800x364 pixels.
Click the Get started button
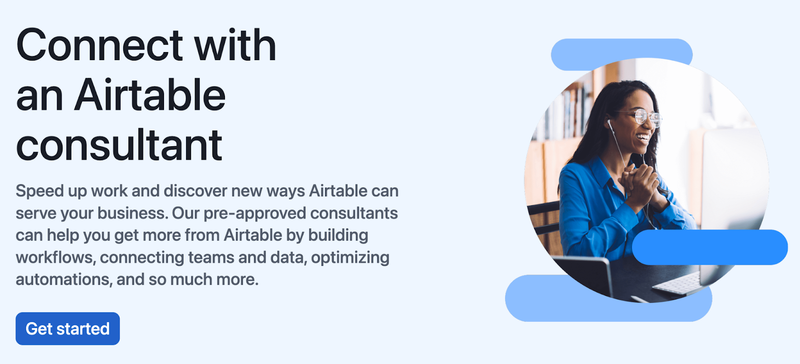click(67, 328)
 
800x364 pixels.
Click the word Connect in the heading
click(99, 46)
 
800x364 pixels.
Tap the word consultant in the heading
click(119, 145)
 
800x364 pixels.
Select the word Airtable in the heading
click(149, 95)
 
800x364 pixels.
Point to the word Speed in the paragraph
click(40, 191)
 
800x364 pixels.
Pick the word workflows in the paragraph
click(55, 258)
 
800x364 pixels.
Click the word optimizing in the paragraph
click(350, 258)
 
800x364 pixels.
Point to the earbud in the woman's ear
click(609, 123)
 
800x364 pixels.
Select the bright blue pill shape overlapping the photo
click(709, 247)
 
